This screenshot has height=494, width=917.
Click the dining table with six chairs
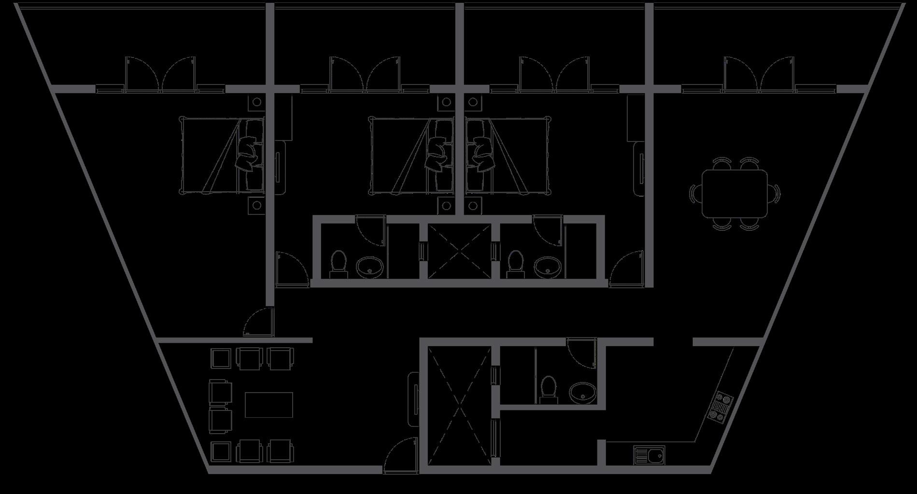tap(734, 194)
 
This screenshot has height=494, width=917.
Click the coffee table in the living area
tap(268, 405)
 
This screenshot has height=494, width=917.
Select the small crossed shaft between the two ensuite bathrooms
tap(459, 251)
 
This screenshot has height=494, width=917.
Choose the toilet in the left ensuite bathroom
tap(338, 263)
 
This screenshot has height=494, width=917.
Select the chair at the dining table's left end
tap(694, 194)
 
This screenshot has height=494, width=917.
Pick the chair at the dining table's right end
tap(775, 194)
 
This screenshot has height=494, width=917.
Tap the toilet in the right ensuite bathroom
tap(515, 263)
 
